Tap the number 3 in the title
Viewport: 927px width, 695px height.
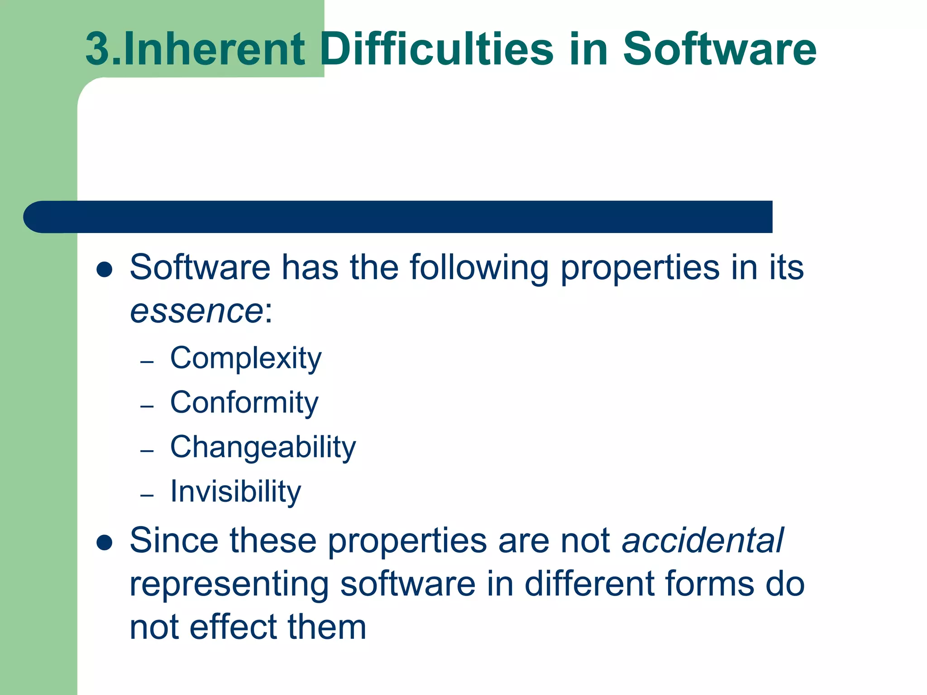98,49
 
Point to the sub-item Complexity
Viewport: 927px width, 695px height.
246,358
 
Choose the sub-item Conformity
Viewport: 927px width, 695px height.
244,402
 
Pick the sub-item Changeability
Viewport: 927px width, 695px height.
263,447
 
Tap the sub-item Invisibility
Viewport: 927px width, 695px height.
235,491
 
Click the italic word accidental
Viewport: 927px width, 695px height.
703,540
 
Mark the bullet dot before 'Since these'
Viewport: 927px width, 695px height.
105,543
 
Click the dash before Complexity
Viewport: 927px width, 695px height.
147,362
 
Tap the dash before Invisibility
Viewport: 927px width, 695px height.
147,496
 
